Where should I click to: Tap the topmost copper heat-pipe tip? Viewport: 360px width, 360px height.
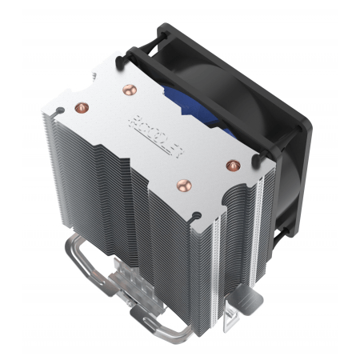click(126, 90)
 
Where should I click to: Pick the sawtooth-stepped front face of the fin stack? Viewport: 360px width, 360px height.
click(120, 224)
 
